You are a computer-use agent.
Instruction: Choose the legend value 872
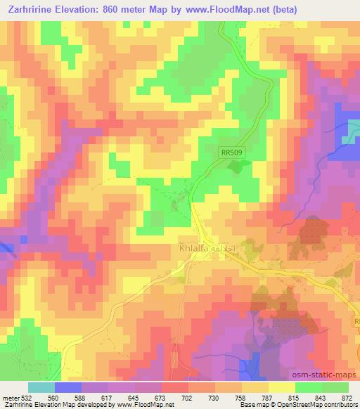pyautogui.click(x=347, y=397)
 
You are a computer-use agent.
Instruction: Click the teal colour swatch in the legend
pyautogui.click(x=41, y=387)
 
